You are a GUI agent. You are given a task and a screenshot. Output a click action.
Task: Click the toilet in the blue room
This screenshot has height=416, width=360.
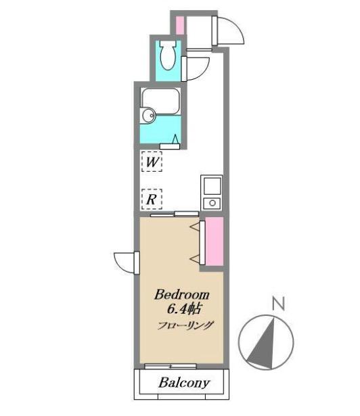click(168, 55)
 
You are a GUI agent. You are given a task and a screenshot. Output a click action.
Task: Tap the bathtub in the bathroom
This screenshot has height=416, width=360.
click(160, 101)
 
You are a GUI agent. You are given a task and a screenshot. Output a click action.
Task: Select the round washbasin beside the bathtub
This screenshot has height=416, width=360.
click(148, 116)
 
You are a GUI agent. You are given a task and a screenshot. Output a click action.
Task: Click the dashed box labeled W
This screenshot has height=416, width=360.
click(152, 161)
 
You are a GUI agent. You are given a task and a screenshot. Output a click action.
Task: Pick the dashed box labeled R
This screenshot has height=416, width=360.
click(152, 199)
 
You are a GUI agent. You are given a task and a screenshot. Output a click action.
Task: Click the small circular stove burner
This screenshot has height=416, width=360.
click(212, 203)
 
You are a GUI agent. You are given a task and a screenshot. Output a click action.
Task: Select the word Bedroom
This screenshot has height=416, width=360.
click(181, 295)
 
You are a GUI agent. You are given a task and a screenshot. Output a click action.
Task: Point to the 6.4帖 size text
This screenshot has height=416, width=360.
click(183, 309)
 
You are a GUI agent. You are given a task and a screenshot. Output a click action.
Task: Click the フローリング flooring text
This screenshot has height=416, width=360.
click(185, 325)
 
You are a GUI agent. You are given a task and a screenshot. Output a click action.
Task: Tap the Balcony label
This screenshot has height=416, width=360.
click(184, 383)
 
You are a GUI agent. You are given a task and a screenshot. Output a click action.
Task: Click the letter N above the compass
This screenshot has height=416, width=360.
click(279, 304)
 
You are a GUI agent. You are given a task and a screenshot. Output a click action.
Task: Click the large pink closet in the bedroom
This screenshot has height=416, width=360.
click(215, 241)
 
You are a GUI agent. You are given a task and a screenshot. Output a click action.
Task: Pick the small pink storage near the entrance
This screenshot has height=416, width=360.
click(180, 25)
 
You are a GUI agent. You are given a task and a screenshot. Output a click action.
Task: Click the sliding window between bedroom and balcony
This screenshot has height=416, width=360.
click(171, 367)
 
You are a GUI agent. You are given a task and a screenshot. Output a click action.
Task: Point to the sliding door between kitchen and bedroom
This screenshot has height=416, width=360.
click(175, 214)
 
